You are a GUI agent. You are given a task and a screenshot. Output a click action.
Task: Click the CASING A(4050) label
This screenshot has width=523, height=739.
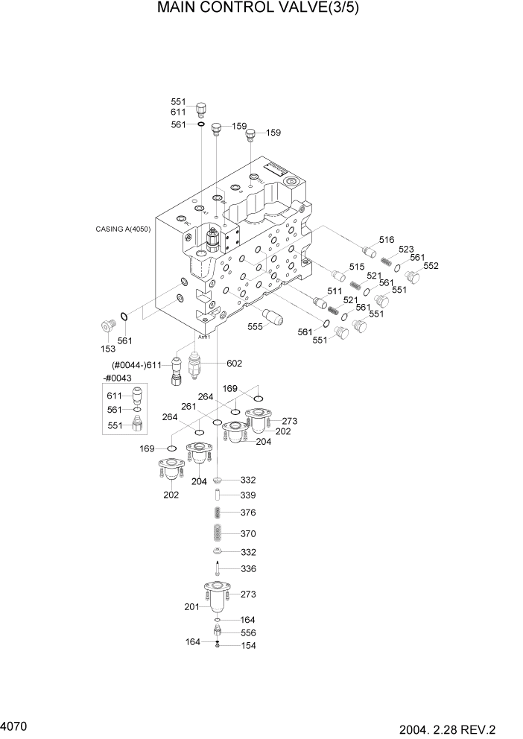123,229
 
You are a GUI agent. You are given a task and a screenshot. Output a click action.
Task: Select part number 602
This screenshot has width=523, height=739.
235,364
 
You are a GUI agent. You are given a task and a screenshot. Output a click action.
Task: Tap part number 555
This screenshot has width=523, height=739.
255,326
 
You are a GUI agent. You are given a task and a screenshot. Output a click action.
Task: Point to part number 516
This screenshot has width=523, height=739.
386,239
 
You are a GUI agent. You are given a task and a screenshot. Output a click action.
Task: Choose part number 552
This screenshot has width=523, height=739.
431,266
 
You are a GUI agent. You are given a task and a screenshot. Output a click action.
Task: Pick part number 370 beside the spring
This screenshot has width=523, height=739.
248,533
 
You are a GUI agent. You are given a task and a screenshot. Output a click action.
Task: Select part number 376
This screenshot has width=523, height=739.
248,513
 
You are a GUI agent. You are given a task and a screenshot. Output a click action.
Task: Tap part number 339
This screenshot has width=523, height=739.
248,495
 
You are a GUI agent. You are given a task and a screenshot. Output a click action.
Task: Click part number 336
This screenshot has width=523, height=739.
248,569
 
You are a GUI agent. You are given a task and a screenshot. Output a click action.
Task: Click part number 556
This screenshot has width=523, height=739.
248,632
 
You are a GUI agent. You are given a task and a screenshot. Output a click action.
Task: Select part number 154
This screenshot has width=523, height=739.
248,646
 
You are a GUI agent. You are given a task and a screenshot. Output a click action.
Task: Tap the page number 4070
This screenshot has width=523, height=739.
14,724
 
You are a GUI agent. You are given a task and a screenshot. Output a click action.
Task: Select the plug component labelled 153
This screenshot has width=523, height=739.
109,327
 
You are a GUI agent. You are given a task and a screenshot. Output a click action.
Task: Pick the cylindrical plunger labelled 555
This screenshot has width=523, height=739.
273,315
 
